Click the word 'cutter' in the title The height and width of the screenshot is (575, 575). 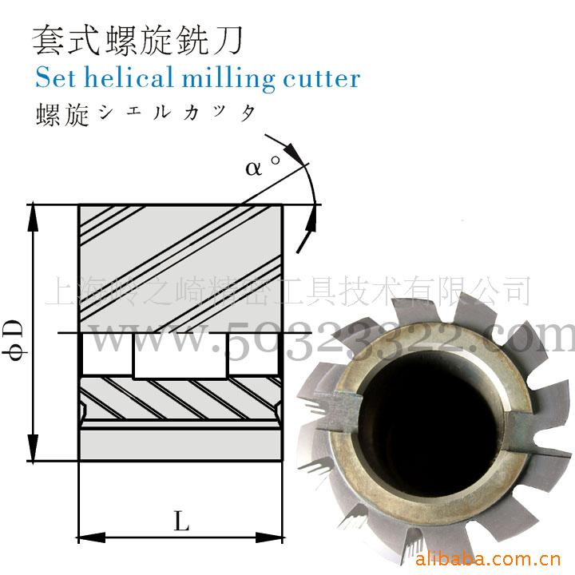click(320, 79)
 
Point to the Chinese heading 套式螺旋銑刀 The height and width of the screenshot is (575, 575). click(137, 38)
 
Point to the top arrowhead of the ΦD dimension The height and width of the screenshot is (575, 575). click(33, 212)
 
